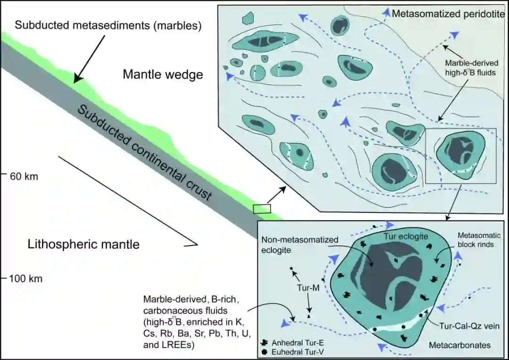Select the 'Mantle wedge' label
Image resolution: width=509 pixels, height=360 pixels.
[163, 74]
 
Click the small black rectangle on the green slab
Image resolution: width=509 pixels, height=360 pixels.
[262, 208]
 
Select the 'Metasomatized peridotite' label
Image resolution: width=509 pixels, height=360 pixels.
[445, 14]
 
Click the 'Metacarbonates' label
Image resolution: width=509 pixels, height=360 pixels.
[460, 345]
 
